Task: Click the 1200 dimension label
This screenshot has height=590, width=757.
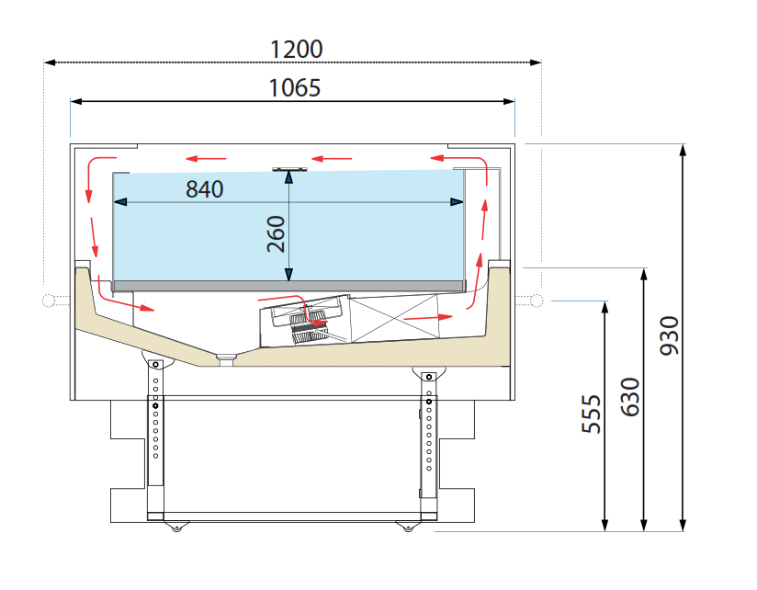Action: [x=297, y=50]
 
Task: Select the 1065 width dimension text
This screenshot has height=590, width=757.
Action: [x=295, y=88]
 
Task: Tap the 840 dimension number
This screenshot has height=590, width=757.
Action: [x=205, y=189]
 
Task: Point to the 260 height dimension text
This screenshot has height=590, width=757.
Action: [x=277, y=234]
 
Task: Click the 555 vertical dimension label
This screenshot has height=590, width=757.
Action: [x=592, y=414]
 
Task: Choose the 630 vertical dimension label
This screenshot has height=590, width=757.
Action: [x=630, y=397]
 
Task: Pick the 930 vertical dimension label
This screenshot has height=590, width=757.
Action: [x=670, y=335]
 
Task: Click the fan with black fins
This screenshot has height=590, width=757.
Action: [x=307, y=327]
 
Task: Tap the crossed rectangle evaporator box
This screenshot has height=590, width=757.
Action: [x=393, y=319]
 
